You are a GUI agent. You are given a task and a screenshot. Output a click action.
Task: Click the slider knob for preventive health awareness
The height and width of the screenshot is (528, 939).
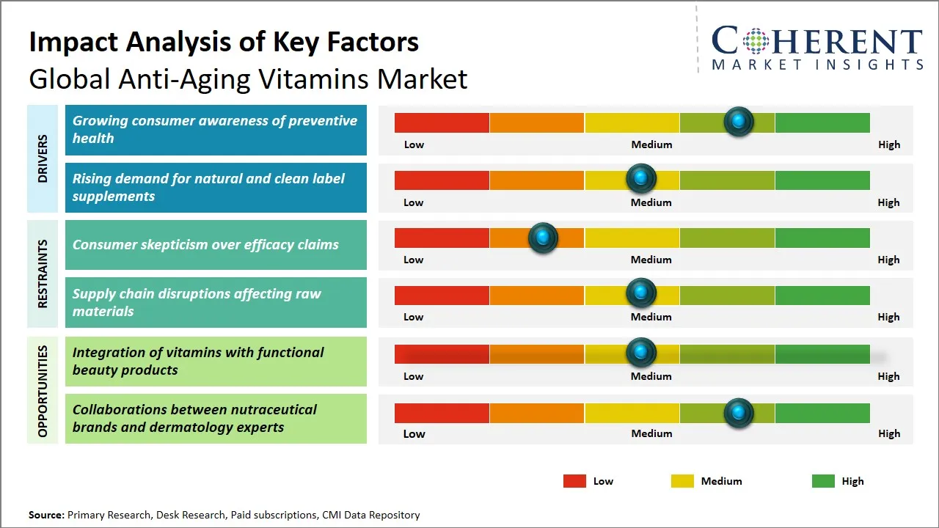click(x=738, y=122)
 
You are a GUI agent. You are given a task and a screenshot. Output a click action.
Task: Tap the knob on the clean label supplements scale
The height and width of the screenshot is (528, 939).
click(x=641, y=179)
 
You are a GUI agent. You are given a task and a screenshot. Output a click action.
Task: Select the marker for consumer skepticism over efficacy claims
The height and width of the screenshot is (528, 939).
click(x=543, y=238)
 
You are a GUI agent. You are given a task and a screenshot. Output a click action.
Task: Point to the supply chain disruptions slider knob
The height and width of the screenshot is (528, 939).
click(x=641, y=293)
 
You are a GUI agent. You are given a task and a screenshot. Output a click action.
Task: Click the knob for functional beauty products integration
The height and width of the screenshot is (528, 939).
click(x=641, y=353)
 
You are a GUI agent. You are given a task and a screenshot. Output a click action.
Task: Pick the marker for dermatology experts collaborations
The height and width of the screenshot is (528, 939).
click(x=738, y=413)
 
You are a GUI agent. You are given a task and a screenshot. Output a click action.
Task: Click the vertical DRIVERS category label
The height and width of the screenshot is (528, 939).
click(x=43, y=158)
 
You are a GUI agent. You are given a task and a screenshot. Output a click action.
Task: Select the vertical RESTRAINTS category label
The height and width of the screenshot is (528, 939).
click(x=43, y=274)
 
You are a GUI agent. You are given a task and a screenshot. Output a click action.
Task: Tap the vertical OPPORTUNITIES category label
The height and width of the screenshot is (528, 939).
click(x=43, y=391)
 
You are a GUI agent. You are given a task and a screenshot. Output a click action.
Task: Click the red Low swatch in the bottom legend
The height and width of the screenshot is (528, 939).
click(x=574, y=481)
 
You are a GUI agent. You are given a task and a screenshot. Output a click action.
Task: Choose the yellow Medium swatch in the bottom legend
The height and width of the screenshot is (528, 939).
click(x=682, y=481)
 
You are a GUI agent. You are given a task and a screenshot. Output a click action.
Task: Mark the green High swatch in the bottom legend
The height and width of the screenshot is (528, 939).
click(x=823, y=481)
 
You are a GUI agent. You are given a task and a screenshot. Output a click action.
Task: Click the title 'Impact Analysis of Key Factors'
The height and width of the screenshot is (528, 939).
click(x=224, y=43)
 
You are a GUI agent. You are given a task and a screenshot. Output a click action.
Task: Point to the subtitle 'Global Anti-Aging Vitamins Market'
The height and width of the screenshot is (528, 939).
click(x=248, y=78)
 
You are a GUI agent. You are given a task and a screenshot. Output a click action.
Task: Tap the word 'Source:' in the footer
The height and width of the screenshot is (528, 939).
click(x=46, y=515)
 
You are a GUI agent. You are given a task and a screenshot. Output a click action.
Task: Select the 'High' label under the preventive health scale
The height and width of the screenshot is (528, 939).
click(x=888, y=144)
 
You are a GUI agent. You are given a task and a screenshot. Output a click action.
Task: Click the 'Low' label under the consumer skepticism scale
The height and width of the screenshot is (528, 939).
click(x=414, y=260)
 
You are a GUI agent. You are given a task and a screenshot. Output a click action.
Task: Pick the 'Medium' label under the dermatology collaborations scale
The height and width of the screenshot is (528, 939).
click(x=651, y=433)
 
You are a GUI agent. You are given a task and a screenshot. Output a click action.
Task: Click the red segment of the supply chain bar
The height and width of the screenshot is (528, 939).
click(x=442, y=295)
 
